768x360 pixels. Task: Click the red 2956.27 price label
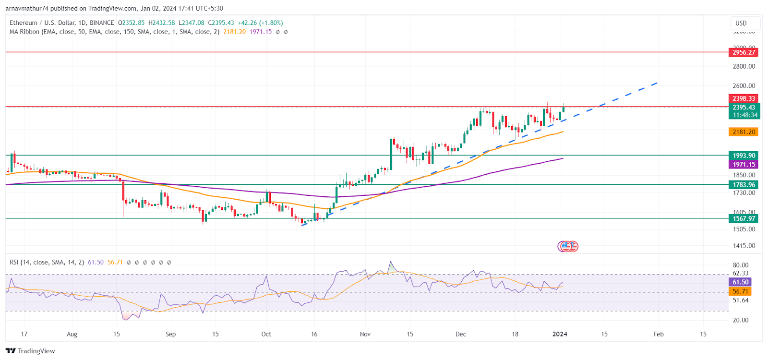[744, 52]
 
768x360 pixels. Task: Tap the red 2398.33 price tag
[744, 98]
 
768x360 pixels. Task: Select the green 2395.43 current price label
[744, 108]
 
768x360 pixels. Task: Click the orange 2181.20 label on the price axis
[744, 132]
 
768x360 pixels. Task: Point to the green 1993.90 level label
[744, 156]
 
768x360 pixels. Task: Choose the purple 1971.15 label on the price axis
[744, 165]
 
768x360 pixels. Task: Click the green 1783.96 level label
[744, 185]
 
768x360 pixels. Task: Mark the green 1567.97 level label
[744, 218]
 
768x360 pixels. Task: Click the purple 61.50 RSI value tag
[740, 282]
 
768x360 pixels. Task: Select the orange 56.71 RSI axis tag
[740, 291]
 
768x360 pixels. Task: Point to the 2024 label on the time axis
[560, 334]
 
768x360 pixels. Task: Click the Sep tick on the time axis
[170, 334]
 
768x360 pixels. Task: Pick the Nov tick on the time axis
[365, 334]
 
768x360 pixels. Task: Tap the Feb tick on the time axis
[659, 334]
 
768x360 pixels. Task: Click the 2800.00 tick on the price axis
[744, 66]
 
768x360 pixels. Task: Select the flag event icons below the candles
[568, 246]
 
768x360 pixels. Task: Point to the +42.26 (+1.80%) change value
[260, 23]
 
